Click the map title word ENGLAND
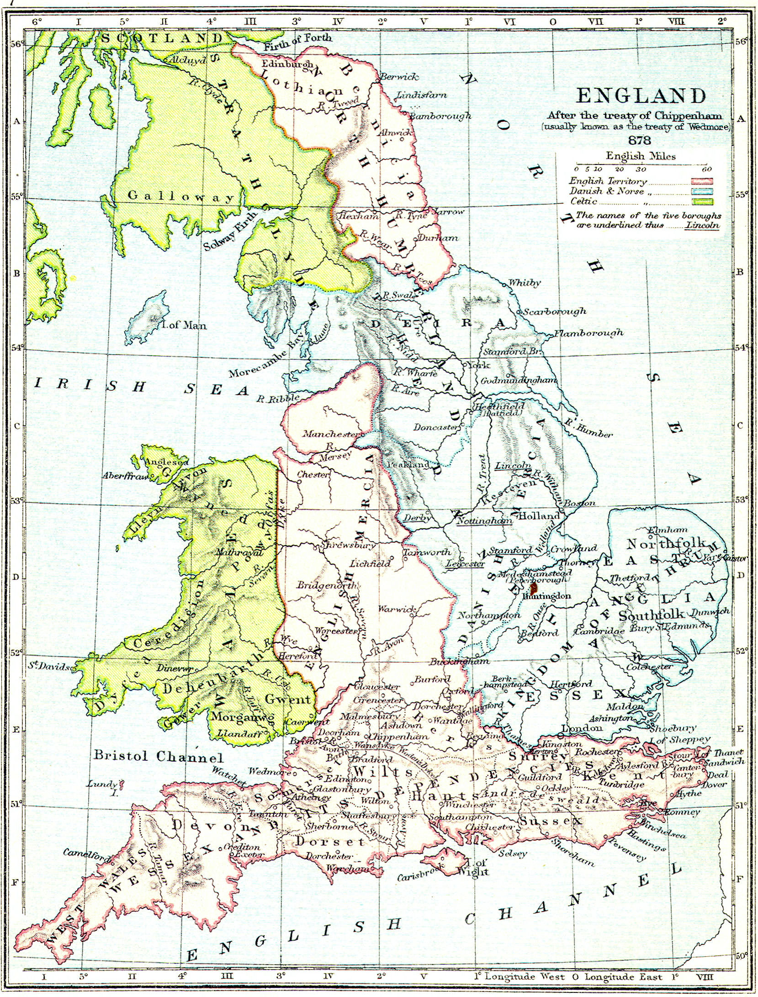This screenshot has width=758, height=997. [x=641, y=96]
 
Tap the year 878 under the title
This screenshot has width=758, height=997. [x=639, y=140]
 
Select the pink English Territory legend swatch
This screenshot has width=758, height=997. [x=702, y=181]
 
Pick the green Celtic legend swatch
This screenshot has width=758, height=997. [x=702, y=202]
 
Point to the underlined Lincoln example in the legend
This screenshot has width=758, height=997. [x=702, y=225]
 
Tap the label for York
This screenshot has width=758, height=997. [x=478, y=365]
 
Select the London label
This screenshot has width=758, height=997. [x=582, y=727]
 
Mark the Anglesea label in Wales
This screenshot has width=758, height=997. [x=166, y=461]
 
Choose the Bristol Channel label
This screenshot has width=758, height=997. [x=158, y=756]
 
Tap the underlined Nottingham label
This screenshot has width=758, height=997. [x=485, y=521]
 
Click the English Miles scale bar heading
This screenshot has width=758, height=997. [x=641, y=156]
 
